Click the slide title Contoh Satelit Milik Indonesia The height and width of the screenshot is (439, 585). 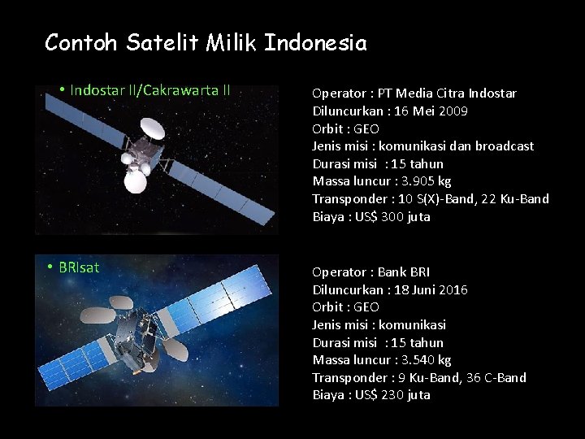pos(206,42)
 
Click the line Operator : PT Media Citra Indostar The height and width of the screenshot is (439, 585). pos(414,93)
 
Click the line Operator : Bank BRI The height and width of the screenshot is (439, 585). pos(371,272)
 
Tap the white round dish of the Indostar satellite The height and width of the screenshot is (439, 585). pos(152,128)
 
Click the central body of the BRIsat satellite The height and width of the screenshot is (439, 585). pos(138,333)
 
